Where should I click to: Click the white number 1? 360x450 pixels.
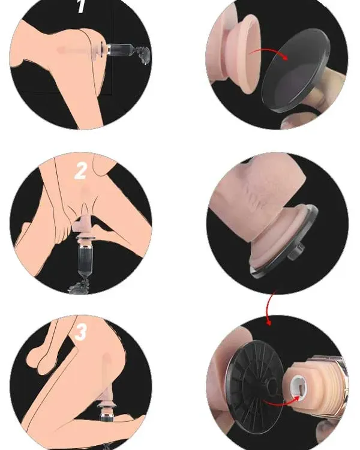(x=82, y=7)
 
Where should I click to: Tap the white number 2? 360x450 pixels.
(x=80, y=171)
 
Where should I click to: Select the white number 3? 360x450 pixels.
(x=80, y=332)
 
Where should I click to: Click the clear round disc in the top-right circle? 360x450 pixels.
(x=295, y=71)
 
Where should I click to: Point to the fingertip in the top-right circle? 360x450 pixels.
(x=296, y=121)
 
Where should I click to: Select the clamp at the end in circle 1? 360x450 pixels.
(x=142, y=55)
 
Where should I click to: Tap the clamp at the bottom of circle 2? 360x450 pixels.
(x=80, y=285)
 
